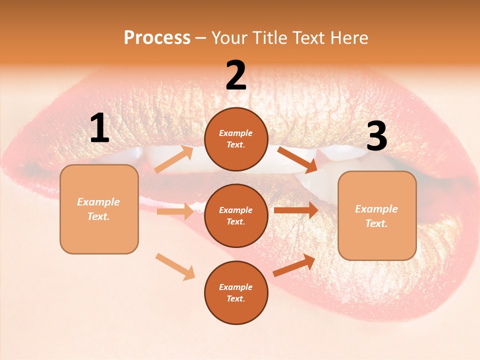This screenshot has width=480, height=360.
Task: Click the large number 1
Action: [99, 128]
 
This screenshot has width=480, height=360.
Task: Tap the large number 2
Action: [236, 75]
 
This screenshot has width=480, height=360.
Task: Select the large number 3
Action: [376, 136]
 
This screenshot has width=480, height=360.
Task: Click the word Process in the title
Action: [157, 37]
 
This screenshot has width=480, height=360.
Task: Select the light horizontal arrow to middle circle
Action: [175, 211]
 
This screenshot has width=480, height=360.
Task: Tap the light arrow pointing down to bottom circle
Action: [175, 266]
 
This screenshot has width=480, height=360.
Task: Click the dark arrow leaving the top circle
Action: [297, 160]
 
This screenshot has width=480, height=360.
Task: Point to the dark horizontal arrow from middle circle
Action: [296, 210]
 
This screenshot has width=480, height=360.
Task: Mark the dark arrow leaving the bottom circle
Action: [294, 265]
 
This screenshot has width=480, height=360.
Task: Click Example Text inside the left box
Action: [98, 209]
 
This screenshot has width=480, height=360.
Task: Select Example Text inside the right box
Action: [376, 216]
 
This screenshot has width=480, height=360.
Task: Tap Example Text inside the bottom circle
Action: [235, 292]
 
